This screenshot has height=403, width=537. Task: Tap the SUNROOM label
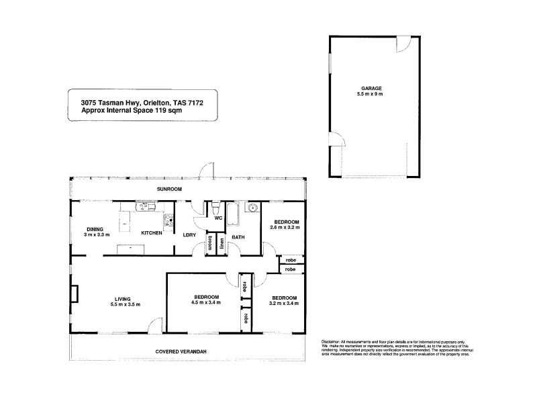[170, 189]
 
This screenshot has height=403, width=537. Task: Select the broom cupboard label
[210, 243]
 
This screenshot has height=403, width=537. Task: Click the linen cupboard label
[222, 243]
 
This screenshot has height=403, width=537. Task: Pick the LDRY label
[189, 234]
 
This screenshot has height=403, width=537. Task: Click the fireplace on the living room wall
[72, 295]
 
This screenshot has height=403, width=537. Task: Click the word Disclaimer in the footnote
[334, 341]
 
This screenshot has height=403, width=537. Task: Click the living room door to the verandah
[156, 325]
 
